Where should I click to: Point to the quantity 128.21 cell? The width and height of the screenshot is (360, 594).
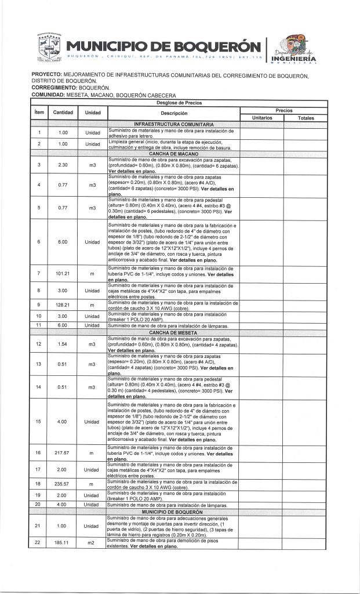[62, 305]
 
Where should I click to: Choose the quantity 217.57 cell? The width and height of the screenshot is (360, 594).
[62, 452]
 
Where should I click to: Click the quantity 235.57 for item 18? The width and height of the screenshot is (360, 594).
[62, 483]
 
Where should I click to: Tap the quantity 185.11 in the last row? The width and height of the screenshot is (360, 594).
[62, 544]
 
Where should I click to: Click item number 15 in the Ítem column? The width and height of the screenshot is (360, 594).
[38, 421]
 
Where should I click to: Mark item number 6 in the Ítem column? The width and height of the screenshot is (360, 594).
[38, 242]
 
